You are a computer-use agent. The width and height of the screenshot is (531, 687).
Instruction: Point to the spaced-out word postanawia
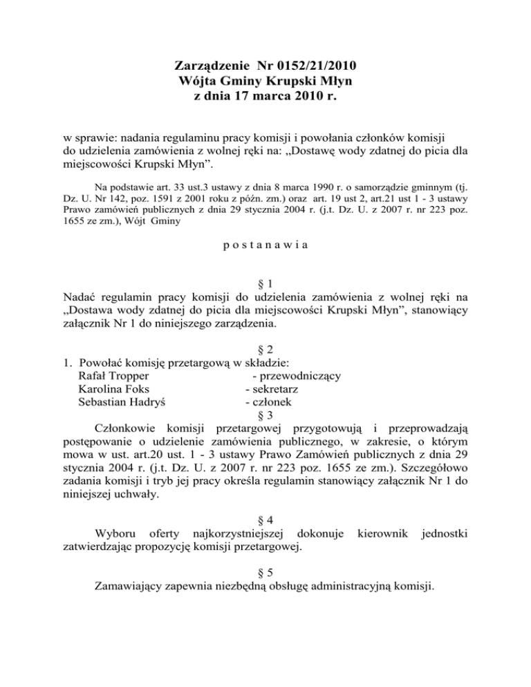(x=265, y=264)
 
